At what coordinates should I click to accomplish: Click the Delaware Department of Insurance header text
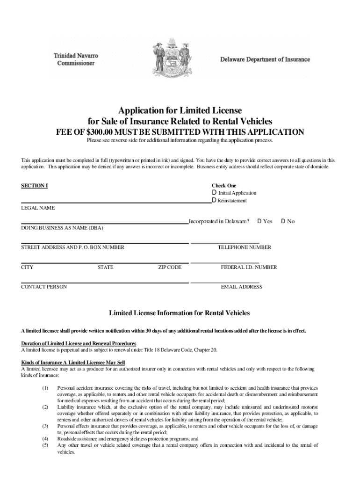265,59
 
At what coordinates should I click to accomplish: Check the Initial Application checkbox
214,193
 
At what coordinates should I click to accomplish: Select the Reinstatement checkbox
214,201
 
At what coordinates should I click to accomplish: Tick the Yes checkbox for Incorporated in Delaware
259,221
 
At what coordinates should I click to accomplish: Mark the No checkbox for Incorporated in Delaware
283,221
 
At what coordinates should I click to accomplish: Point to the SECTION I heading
34,186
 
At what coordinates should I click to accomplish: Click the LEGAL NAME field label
38,208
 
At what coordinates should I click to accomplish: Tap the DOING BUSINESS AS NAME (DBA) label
62,228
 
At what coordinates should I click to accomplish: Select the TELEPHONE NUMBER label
245,247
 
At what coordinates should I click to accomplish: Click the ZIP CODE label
169,268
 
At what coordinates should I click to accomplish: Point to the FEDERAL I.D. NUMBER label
249,268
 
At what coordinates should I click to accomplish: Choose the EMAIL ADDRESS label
241,287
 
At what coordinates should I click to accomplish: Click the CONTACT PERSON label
44,287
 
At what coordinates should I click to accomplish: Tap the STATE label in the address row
105,268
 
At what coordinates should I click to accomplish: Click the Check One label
224,186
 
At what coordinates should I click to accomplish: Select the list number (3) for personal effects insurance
45,426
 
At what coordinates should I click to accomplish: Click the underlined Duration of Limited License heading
79,343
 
